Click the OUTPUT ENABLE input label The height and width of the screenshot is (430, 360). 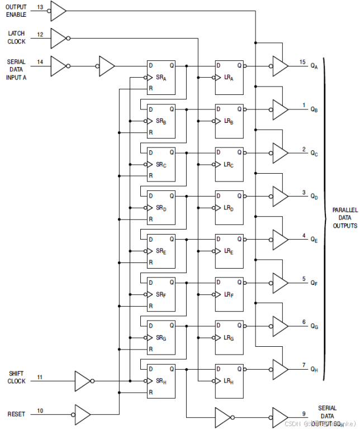16,10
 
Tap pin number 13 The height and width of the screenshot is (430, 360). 40,7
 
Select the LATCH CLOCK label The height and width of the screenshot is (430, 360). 16,37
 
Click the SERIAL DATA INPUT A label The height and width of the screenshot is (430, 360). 16,69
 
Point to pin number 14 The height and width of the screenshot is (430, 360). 40,61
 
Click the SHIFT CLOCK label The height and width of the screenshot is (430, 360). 16,377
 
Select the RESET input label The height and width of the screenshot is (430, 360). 16,414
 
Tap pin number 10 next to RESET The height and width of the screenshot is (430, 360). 40,411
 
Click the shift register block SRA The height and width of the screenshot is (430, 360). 161,78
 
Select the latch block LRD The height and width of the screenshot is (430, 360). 229,207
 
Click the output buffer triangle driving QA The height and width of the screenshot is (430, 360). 280,65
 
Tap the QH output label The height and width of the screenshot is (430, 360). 314,369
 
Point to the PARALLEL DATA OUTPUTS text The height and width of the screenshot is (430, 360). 345,217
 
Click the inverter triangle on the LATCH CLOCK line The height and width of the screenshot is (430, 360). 58,39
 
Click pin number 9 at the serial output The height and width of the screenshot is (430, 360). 304,413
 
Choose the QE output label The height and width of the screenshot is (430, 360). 314,240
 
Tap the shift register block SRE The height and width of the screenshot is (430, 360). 161,251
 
